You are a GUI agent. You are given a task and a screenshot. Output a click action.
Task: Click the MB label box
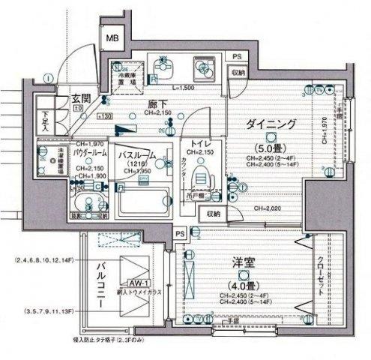pyautogui.click(x=112, y=38)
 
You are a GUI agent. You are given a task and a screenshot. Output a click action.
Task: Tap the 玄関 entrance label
pyautogui.click(x=81, y=98)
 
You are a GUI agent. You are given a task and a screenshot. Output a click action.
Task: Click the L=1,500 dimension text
pyautogui.click(x=183, y=88)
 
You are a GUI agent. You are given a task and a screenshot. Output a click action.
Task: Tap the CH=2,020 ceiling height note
pyautogui.click(x=266, y=208)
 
